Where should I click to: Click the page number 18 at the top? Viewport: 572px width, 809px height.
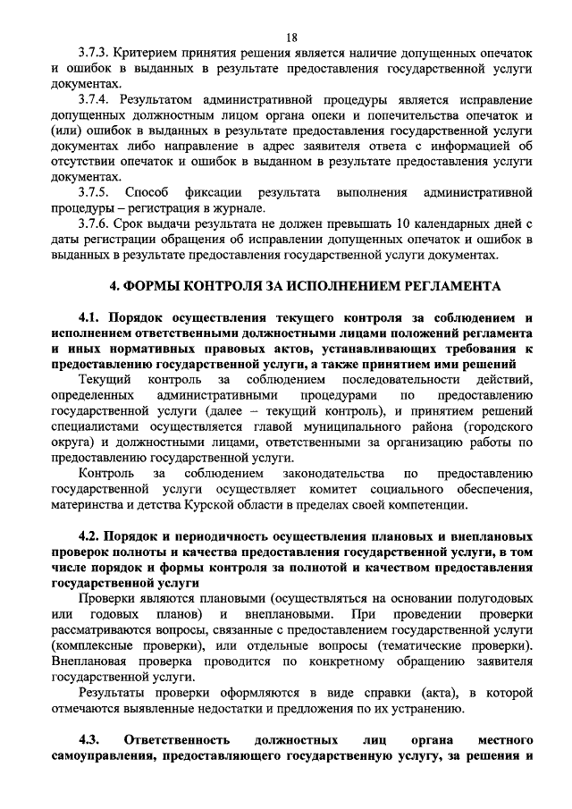pos(291,37)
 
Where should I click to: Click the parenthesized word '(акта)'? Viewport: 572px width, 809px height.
pos(393,694)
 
